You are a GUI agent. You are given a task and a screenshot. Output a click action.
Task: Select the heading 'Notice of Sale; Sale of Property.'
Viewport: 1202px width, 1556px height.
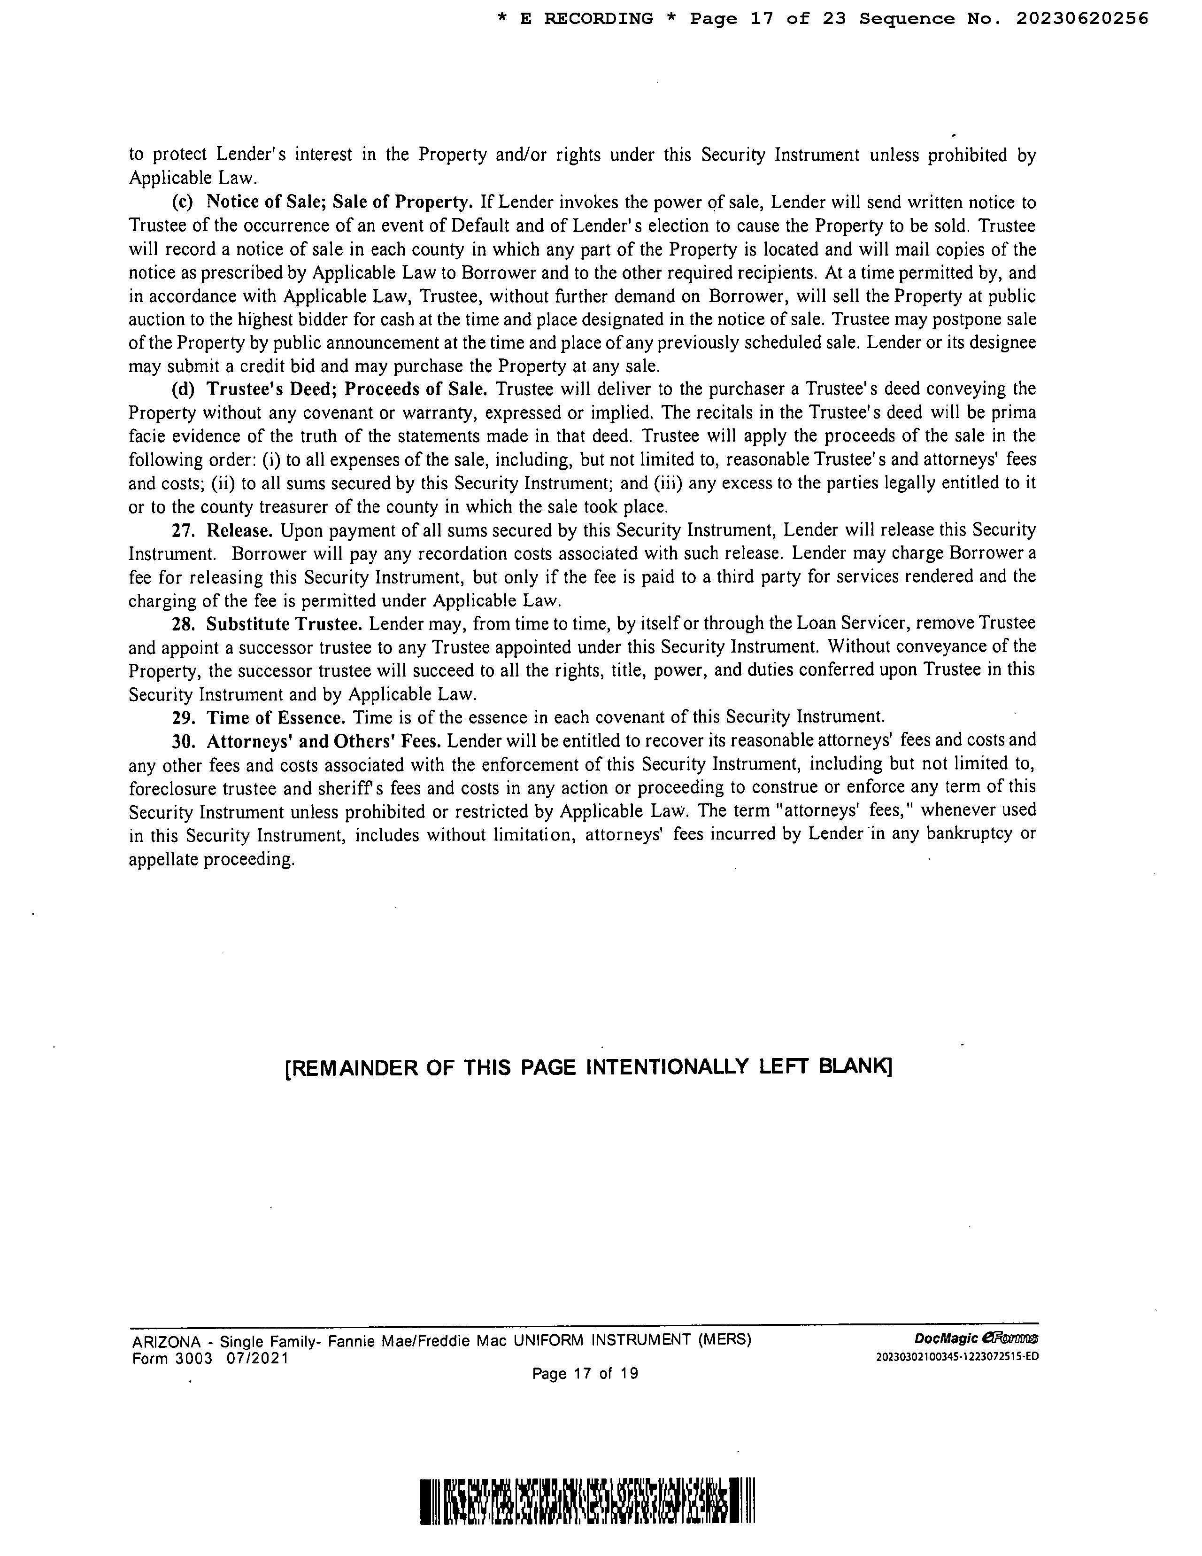coord(339,202)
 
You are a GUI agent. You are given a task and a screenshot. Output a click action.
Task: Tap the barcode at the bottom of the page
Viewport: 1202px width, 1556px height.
coord(591,1501)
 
